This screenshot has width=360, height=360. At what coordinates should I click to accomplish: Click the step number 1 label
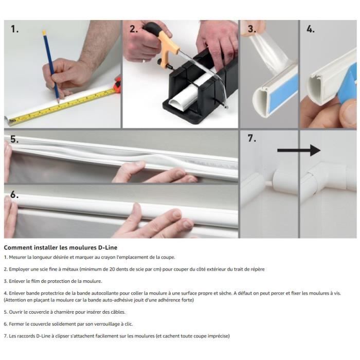[x=15, y=29]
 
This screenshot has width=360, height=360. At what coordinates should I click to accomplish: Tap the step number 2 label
[x=134, y=29]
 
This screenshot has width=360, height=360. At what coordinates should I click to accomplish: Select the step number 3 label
[x=252, y=29]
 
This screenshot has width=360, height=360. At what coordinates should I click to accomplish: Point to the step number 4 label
[x=311, y=29]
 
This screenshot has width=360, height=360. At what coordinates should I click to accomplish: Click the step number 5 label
[x=14, y=139]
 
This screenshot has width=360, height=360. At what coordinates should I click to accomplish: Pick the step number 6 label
[x=14, y=194]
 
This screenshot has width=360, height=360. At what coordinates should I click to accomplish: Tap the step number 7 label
[x=251, y=138]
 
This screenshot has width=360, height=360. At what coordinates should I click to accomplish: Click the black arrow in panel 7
[x=299, y=150]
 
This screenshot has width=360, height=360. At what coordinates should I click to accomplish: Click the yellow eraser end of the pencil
[x=44, y=32]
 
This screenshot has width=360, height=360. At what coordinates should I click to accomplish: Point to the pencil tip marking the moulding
[x=58, y=101]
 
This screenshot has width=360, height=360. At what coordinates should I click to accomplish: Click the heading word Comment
[x=18, y=247]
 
